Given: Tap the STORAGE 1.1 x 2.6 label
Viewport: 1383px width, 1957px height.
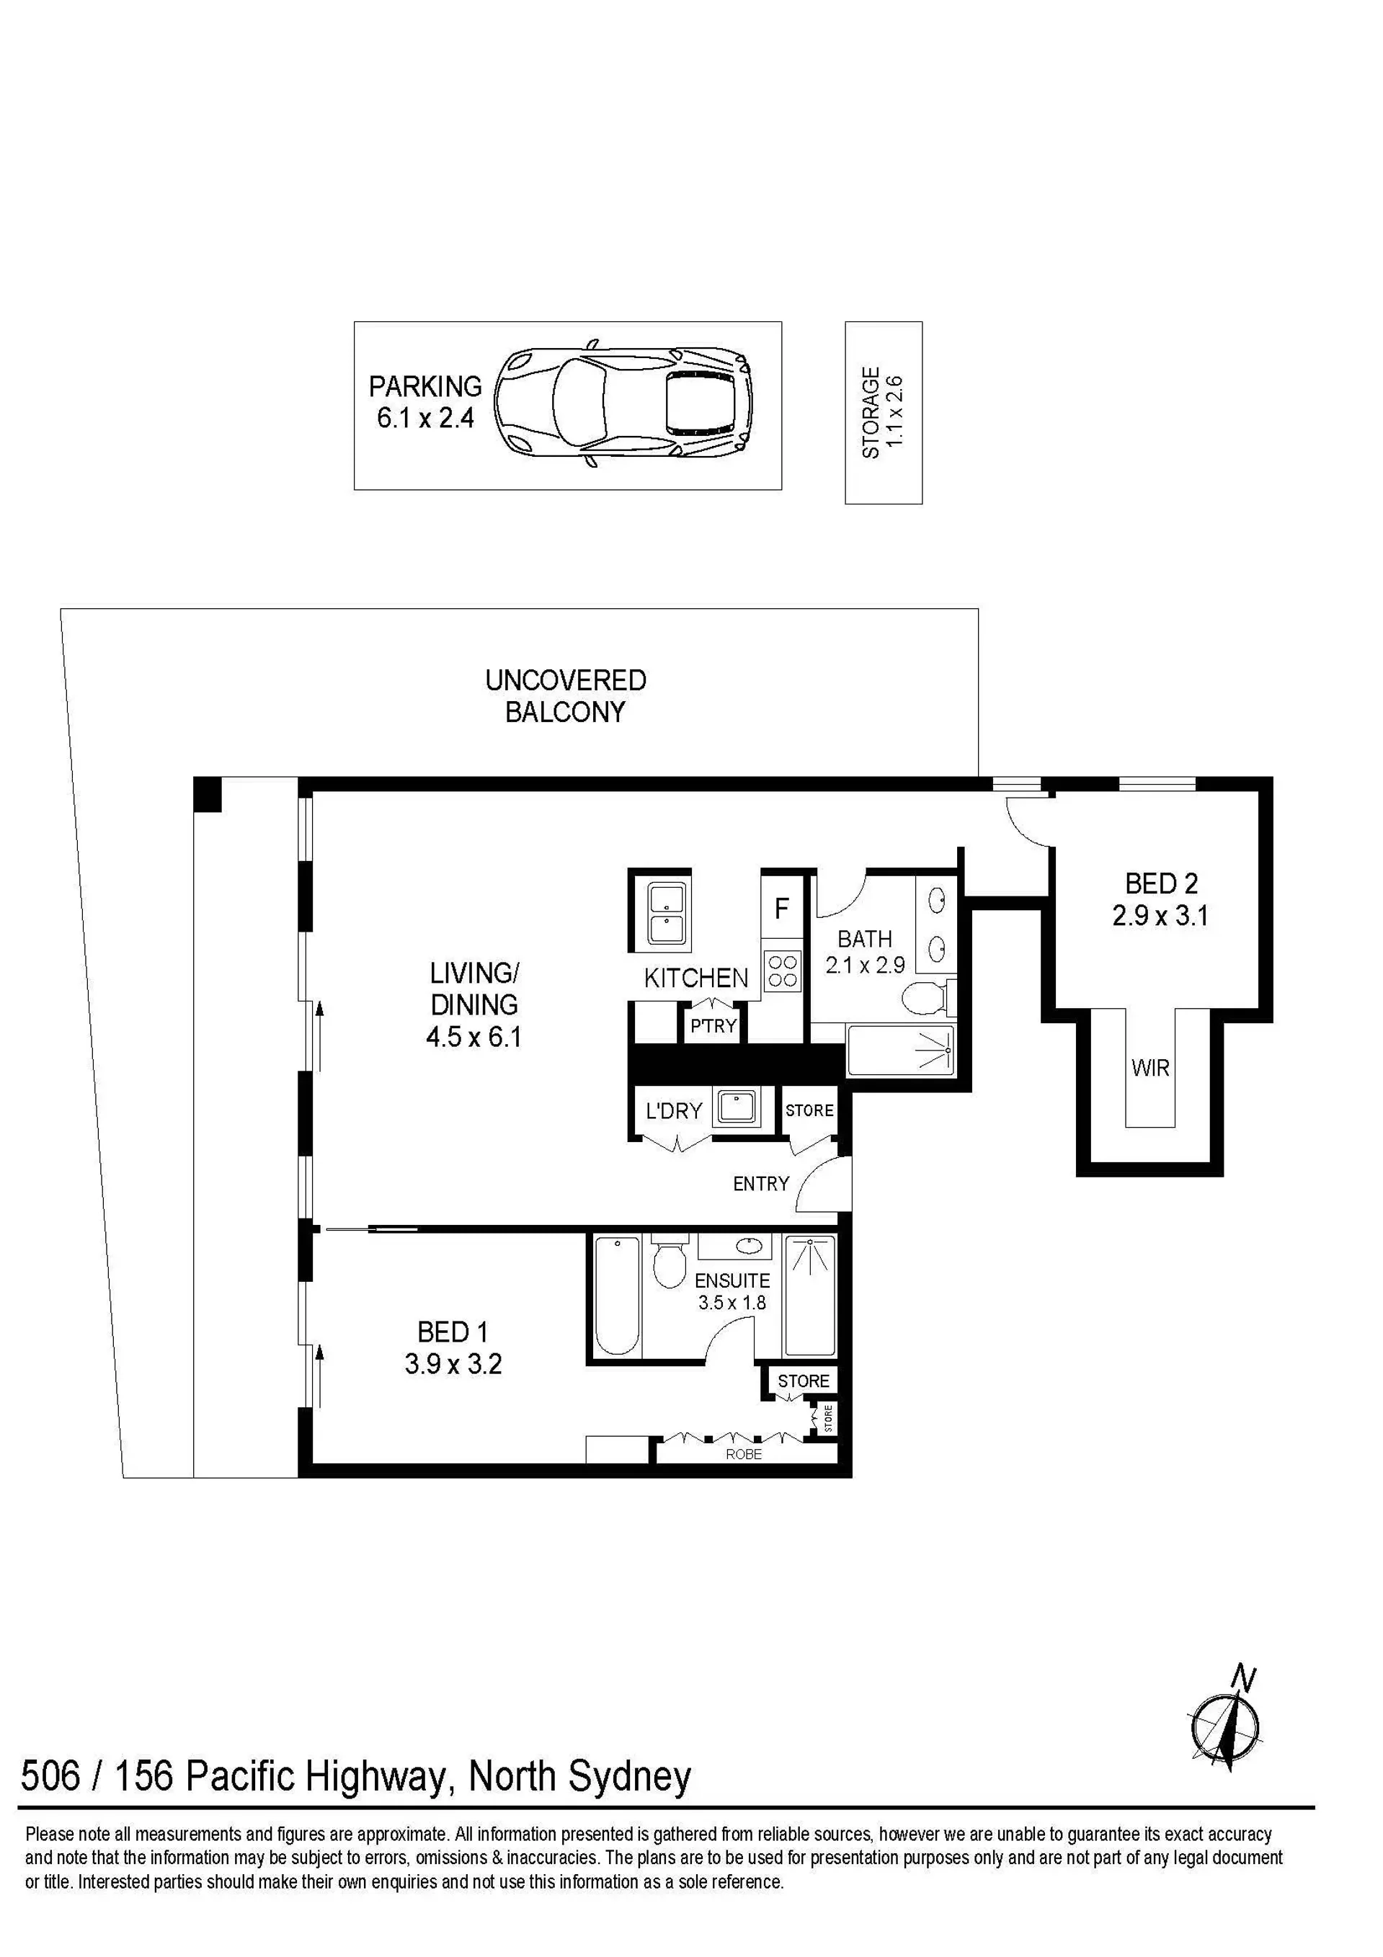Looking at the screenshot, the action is coord(883,413).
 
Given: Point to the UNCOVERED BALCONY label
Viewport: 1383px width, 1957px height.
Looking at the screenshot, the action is coord(565,695).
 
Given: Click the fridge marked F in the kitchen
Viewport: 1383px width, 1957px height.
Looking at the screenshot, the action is coord(782,909).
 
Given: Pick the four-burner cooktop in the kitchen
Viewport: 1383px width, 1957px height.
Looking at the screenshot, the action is coord(783,970).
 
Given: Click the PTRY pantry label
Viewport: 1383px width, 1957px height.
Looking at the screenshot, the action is coord(713,1026).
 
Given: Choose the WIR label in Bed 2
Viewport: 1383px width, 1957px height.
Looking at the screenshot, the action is coord(1150,1067).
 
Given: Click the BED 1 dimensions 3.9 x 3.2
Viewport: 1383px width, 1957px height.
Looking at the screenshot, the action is coord(453,1364).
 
